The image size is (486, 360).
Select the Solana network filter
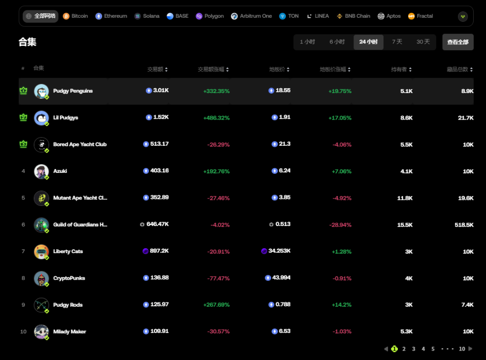147,16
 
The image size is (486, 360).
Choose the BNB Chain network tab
353,16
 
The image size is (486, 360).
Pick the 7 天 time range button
397,42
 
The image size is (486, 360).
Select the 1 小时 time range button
308,42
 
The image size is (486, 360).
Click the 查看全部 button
457,42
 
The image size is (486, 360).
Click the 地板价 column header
279,69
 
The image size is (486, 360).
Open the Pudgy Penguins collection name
73,91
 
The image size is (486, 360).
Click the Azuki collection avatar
41,171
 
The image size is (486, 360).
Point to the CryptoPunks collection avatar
41,278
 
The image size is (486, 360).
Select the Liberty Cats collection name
68,252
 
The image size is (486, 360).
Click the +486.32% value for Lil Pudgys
216,118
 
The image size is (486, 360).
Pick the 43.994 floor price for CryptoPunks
281,278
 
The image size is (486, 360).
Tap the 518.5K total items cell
464,225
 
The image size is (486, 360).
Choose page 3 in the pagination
414,349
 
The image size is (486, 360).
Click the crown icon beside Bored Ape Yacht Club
23,144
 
